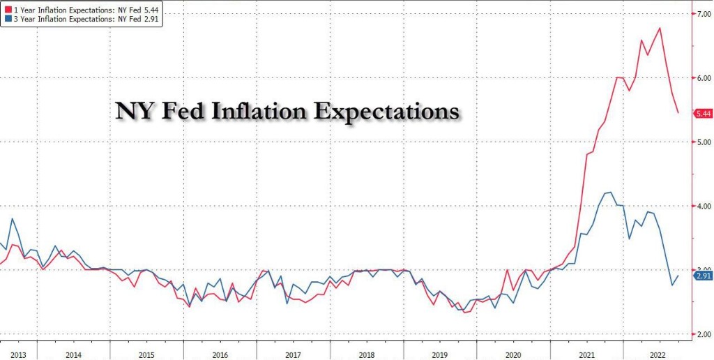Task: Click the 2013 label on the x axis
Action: [18, 354]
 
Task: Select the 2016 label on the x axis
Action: [220, 354]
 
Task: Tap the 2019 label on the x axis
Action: [439, 354]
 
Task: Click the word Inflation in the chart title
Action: [252, 112]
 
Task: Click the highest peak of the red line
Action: [660, 28]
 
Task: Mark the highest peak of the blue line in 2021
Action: [611, 192]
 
